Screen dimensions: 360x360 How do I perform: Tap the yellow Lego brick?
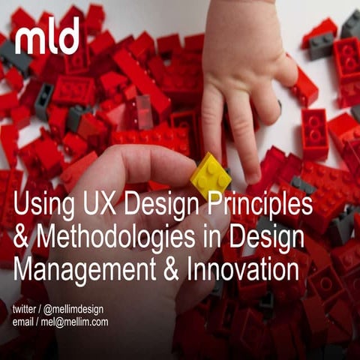(210, 176)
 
